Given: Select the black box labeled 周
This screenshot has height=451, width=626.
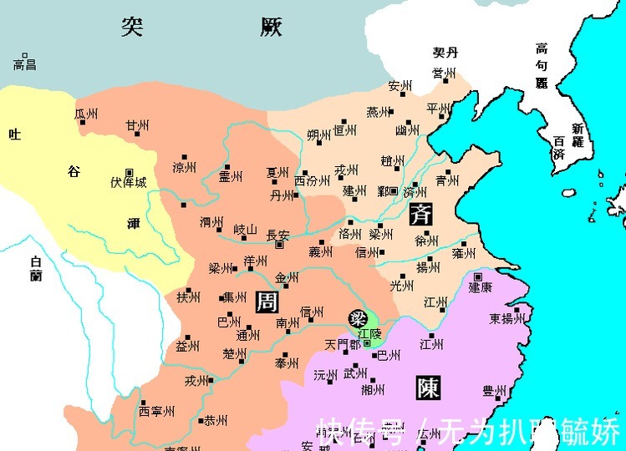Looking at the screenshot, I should (x=266, y=302).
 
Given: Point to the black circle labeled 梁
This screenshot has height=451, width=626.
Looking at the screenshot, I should (x=358, y=318).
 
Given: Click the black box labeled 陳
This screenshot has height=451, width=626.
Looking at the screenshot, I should (x=425, y=388).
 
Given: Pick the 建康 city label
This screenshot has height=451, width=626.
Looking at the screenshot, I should (x=480, y=287).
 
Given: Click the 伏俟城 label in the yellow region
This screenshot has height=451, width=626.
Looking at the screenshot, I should (x=128, y=182).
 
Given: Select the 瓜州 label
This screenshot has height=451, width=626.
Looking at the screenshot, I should (x=87, y=114).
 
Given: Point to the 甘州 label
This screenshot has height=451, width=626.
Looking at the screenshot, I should (x=137, y=126).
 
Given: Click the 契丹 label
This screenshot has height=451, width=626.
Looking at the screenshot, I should (x=445, y=53).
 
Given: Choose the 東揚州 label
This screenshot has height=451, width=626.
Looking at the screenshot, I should (x=506, y=318).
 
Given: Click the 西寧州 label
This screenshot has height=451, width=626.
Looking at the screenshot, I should (x=156, y=411).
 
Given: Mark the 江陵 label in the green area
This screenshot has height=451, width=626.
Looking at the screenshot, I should (x=369, y=332).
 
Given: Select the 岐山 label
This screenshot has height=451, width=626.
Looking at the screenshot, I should (x=245, y=229).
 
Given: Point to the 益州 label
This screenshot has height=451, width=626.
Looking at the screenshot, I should (x=187, y=346).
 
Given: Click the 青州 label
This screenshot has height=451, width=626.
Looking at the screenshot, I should (x=446, y=180).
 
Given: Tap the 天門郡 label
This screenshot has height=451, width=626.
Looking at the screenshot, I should (x=344, y=344).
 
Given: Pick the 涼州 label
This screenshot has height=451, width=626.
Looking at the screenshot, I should (x=184, y=168).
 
